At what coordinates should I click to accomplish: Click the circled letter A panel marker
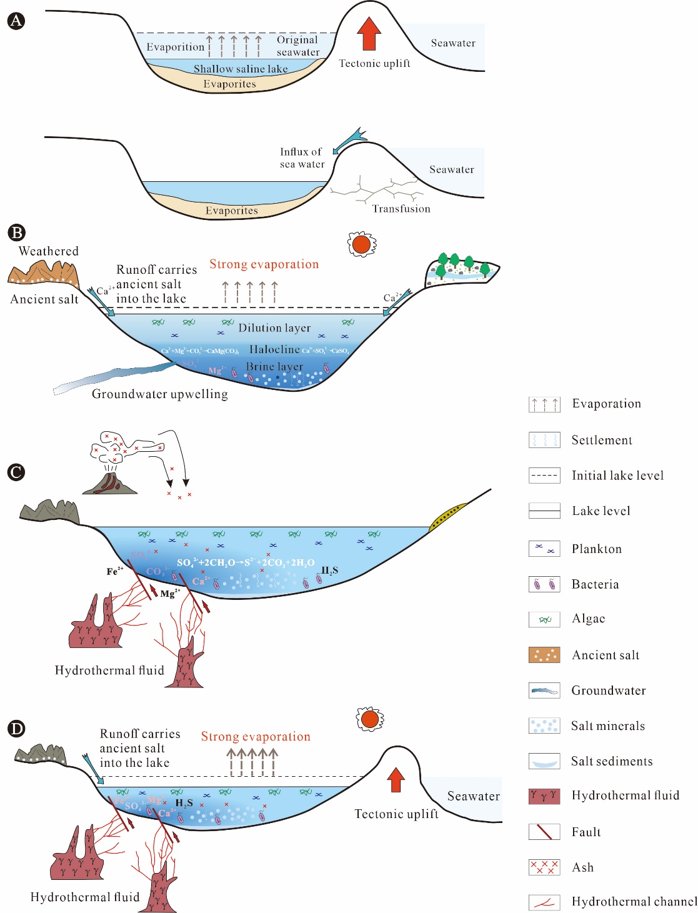point(16,21)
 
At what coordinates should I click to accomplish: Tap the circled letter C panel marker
point(16,472)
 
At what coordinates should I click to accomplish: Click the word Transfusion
point(401,209)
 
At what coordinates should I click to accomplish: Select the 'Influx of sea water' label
point(302,158)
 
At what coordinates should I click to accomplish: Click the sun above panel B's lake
point(362,244)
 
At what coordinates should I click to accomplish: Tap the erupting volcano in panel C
point(111,481)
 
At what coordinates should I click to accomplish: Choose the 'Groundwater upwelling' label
point(159,394)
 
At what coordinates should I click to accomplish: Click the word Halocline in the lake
point(274,349)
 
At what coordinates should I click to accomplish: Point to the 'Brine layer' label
point(274,367)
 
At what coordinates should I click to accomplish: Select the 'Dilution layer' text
point(274,328)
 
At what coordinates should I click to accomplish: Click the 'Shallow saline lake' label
point(241,69)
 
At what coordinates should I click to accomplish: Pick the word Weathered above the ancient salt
point(49,251)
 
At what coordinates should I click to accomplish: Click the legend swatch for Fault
point(544,832)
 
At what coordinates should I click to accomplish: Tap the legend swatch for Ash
point(544,867)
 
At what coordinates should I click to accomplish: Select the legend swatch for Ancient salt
point(544,655)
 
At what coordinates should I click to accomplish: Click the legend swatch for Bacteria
point(544,584)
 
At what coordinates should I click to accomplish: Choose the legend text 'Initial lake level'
point(617,476)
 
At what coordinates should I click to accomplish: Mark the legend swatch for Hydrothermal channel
point(544,902)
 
